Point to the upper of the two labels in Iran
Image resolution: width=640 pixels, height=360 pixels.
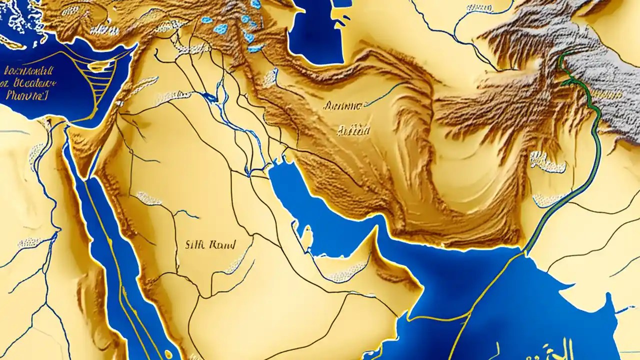click(343, 106)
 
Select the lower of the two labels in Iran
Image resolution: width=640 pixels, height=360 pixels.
click(353, 131)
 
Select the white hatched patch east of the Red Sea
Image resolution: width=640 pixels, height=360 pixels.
click(149, 198)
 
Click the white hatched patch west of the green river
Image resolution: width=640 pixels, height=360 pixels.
click(547, 162)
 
